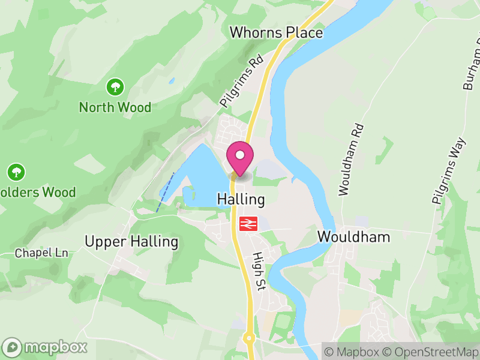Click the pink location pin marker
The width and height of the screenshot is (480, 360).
(240, 157)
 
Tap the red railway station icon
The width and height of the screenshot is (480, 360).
(248, 223)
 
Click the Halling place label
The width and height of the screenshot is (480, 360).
(241, 199)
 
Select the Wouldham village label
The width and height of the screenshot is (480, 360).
(353, 236)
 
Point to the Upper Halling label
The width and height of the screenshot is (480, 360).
(131, 242)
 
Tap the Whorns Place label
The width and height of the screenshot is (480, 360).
(276, 32)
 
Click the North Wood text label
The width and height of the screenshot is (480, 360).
(115, 108)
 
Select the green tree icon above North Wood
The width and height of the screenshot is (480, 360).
(115, 88)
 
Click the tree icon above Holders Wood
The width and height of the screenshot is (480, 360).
(16, 172)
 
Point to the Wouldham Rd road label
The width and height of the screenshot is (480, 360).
(351, 160)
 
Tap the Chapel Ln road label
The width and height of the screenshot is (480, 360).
(41, 253)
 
